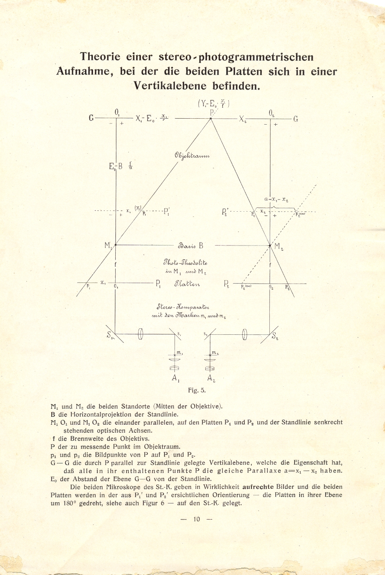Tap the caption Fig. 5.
[197, 390]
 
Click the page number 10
[197, 519]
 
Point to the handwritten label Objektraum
[192, 156]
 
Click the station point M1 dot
[116, 245]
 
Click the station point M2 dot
[270, 246]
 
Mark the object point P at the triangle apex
[211, 119]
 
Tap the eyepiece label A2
[211, 378]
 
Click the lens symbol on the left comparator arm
[141, 334]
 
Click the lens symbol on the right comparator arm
[244, 334]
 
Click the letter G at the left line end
[91, 118]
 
